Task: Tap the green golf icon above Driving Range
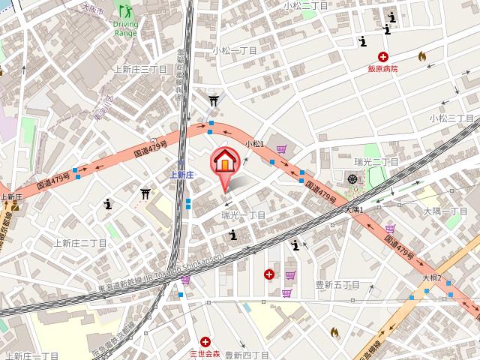click(x=124, y=10)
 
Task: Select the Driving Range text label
click(x=126, y=28)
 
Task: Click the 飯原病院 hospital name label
click(x=382, y=68)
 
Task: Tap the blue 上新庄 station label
click(x=181, y=174)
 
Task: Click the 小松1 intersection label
click(x=254, y=142)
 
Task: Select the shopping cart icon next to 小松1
click(x=281, y=150)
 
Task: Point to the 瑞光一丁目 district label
click(x=244, y=215)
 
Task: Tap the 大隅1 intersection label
click(x=354, y=210)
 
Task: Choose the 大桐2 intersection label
click(x=431, y=277)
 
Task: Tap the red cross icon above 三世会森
click(x=205, y=341)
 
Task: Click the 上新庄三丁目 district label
click(x=139, y=68)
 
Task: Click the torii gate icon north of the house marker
click(x=214, y=99)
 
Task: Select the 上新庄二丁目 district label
click(x=81, y=242)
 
